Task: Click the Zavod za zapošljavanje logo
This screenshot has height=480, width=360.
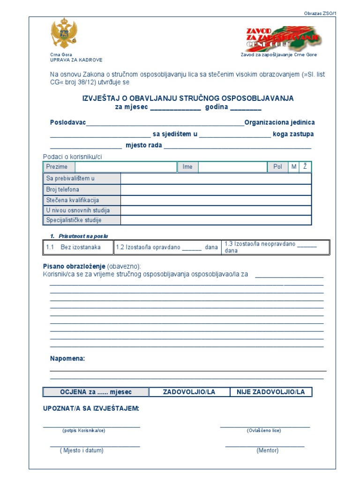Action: [283, 38]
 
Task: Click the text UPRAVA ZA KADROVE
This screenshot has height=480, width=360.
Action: [76, 60]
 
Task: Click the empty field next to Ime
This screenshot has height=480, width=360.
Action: [232, 167]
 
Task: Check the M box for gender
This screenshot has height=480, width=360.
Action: [294, 167]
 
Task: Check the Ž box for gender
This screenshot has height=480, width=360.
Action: [305, 167]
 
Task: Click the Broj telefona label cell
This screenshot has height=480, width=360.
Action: [82, 190]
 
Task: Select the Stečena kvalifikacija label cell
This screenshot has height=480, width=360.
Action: [82, 200]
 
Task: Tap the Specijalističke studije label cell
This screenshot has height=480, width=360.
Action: [82, 220]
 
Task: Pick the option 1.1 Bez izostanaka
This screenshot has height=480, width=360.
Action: [79, 247]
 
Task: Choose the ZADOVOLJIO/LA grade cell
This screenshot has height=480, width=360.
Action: [189, 392]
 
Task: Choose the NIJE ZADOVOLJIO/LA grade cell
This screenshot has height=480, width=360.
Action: [270, 392]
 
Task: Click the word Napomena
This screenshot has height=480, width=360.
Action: [67, 359]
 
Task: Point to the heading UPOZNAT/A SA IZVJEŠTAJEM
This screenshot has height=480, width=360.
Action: [91, 409]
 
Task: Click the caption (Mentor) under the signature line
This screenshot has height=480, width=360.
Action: [267, 450]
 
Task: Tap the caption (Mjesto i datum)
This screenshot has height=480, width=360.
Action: [82, 450]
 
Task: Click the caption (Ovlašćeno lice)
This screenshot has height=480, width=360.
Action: [263, 430]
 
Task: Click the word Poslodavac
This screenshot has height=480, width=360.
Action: [68, 122]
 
